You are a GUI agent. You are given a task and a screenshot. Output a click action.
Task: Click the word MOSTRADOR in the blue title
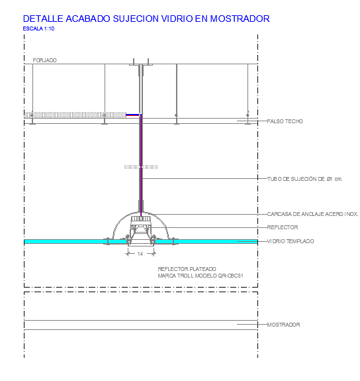coord(240,19)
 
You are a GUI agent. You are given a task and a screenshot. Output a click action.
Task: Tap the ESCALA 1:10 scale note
coord(38,28)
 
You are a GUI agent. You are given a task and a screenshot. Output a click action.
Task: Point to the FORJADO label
coord(44,60)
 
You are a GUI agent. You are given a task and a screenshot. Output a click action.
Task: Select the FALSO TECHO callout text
coord(285,121)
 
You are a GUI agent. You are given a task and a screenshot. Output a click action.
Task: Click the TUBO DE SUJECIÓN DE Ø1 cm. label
coord(304,179)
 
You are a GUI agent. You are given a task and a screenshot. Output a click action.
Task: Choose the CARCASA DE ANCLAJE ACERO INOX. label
coord(312,214)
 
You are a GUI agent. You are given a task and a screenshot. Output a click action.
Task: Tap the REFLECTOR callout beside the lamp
coord(283,227)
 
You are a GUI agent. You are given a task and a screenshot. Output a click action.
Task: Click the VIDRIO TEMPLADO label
coord(291,241)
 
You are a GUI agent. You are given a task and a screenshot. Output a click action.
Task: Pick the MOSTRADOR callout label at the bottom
coord(283,325)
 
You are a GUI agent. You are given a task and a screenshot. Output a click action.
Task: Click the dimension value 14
coord(140,254)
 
